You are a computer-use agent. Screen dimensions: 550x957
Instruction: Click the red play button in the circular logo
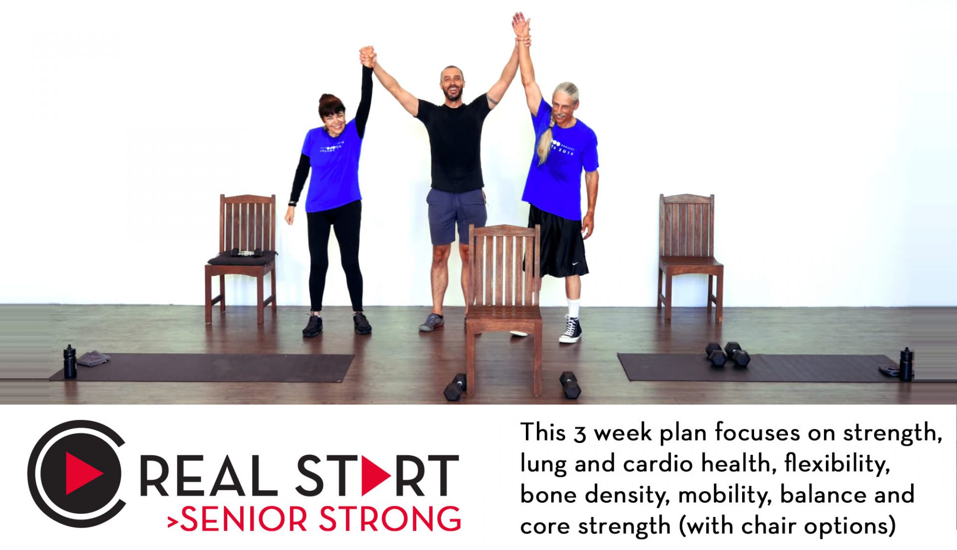(x=83, y=473)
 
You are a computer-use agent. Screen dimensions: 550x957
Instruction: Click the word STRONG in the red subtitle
(x=390, y=519)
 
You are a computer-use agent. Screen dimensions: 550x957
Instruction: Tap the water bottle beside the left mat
(x=70, y=361)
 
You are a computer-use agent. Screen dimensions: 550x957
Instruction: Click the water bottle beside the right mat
(x=906, y=364)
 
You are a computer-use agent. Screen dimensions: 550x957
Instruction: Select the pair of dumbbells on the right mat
(x=728, y=354)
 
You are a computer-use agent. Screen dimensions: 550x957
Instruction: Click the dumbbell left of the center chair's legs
(x=455, y=387)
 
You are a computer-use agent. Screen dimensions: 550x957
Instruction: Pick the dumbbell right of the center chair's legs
(x=570, y=385)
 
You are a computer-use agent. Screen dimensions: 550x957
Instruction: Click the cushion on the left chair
(x=242, y=258)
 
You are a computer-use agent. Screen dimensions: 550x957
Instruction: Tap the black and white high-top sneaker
(x=571, y=330)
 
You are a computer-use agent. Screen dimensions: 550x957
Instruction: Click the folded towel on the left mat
(x=93, y=358)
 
